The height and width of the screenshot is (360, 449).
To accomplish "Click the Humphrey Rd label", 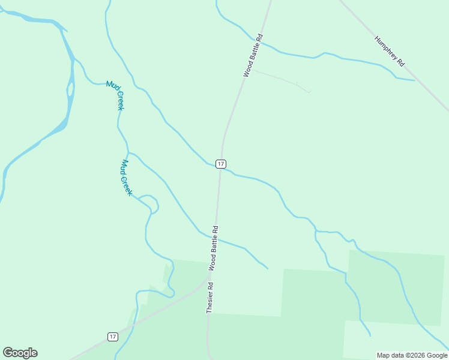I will point(390,52).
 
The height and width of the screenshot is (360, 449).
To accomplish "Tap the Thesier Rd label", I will point(209,298).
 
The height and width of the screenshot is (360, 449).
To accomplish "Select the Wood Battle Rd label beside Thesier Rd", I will point(213,247).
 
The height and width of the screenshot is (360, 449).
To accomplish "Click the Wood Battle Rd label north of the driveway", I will point(253,55).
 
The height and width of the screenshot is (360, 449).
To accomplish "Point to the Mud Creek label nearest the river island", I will point(115,95).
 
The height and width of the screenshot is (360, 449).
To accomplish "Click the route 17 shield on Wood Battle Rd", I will point(221,164).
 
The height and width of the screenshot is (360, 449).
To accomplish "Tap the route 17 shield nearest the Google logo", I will point(112,337).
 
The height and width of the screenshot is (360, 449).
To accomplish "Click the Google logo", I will point(20,353).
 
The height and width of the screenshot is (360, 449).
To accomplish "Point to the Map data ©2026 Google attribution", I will point(412,355).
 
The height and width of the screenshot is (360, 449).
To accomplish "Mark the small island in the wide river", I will point(71,89).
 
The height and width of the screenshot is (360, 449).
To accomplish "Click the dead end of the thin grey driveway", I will point(310,92).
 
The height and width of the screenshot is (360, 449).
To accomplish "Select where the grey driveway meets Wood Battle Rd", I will point(247,70).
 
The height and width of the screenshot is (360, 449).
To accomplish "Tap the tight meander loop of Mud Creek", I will point(153,204).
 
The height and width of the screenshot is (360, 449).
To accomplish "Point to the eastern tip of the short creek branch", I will point(268,268).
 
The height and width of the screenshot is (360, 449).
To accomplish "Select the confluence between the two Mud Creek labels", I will point(128,152).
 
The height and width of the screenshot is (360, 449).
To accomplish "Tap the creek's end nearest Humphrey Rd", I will point(414,80).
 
